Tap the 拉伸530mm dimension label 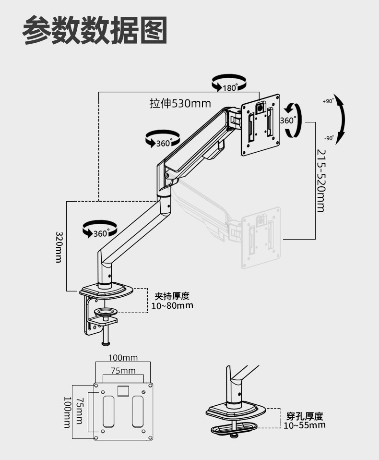[180, 103]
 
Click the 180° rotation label [230, 87]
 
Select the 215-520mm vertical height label [320, 180]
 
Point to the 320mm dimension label [59, 247]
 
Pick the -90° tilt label [329, 138]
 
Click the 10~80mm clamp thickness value [172, 306]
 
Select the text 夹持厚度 [172, 296]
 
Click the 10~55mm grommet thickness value [304, 425]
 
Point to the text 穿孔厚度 [304, 416]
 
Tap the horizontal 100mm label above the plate [123, 358]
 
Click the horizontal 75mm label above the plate [123, 371]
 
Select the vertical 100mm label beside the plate [68, 412]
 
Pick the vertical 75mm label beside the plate [80, 411]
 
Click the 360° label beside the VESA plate [287, 121]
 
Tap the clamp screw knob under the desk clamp [106, 342]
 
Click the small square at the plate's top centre [123, 390]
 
